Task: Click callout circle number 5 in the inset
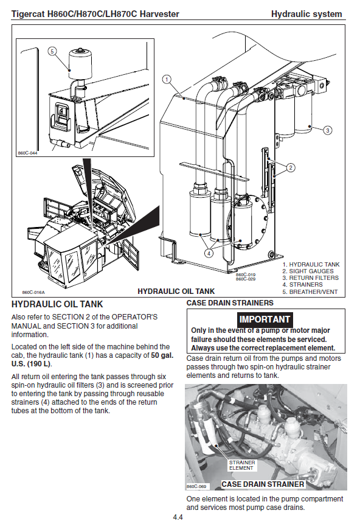click(x=52, y=52)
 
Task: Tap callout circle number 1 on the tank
click(x=167, y=79)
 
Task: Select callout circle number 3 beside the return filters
click(x=328, y=130)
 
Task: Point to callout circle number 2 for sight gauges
click(x=291, y=167)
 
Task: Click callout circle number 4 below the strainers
click(x=209, y=253)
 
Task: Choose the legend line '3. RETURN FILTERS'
click(x=310, y=278)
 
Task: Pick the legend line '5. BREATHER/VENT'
click(x=310, y=291)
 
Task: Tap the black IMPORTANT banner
click(x=265, y=319)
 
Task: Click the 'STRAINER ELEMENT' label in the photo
click(x=242, y=465)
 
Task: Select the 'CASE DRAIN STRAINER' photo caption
click(x=263, y=484)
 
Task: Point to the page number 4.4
click(x=178, y=517)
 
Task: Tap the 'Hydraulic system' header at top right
click(x=306, y=14)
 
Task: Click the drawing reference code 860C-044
click(x=27, y=153)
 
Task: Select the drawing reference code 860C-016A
click(x=33, y=292)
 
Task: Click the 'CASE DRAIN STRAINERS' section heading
click(x=230, y=303)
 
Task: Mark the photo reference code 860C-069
click(x=196, y=486)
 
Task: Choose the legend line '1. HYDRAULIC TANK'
click(x=311, y=265)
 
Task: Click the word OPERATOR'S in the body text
click(x=134, y=317)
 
